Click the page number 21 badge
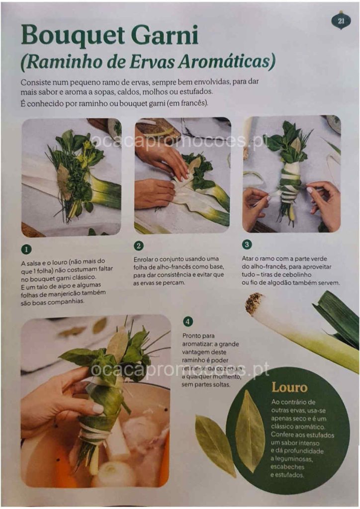click(341, 21)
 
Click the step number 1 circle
click(26, 250)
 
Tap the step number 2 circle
click(139, 246)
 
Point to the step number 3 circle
click(247, 244)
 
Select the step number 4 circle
click(187, 322)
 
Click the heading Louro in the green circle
click(289, 387)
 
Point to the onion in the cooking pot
click(113, 474)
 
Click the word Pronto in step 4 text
click(194, 336)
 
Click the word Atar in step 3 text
click(248, 258)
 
